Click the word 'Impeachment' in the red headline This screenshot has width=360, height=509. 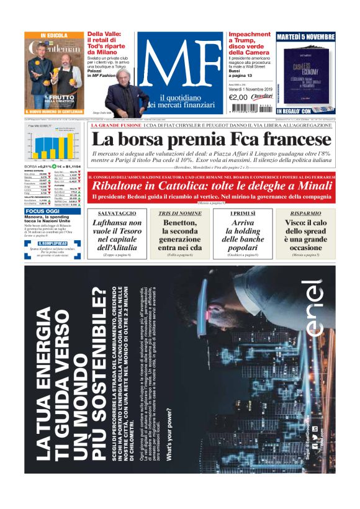click(x=250, y=35)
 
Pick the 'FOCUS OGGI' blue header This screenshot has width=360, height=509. click(x=43, y=211)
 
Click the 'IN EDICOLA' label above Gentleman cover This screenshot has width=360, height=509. click(x=54, y=35)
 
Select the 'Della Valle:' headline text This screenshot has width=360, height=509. click(x=109, y=35)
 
